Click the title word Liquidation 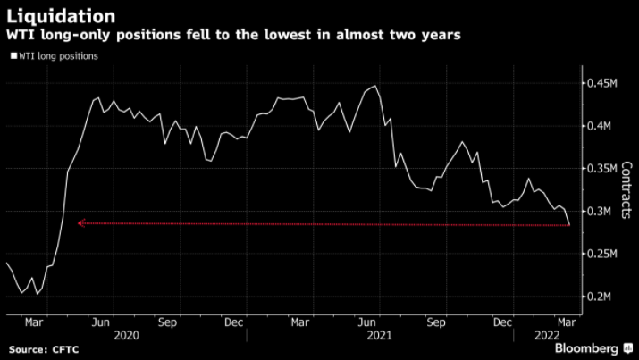[x=61, y=16]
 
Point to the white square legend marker [x=13, y=56]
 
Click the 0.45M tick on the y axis [x=603, y=83]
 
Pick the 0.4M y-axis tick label [x=601, y=126]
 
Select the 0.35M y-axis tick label [x=603, y=168]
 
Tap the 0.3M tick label [x=601, y=211]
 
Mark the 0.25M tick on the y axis [x=603, y=254]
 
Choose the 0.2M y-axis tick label [x=601, y=296]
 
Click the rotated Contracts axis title [x=626, y=190]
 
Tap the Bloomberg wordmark [x=586, y=347]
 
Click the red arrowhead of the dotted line [x=80, y=223]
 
